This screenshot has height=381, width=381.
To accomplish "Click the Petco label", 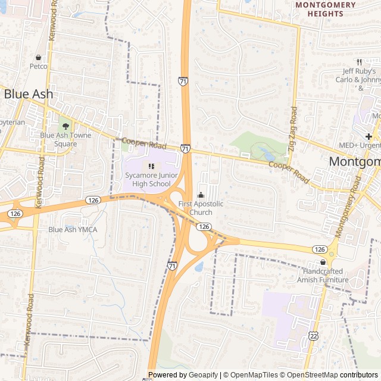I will [39, 66].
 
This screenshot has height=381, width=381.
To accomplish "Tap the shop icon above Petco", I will [39, 58].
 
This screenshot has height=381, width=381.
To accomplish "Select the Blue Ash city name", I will [29, 94].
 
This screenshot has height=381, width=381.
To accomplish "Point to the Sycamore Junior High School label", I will [147, 179].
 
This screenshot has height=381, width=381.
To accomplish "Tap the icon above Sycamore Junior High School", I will [151, 166].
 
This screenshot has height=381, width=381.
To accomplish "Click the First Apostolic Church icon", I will [201, 195].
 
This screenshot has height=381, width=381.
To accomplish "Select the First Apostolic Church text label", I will [201, 208].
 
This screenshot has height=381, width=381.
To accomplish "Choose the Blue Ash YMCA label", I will [73, 229].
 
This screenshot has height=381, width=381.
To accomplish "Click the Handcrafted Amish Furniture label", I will [323, 276].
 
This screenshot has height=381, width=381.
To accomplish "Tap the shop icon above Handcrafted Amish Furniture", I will [323, 263].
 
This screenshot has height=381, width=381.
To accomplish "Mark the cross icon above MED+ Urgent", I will [368, 136].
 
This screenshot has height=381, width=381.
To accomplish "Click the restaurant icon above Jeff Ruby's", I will [360, 62].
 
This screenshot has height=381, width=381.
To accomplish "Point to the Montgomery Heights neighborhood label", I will [326, 9].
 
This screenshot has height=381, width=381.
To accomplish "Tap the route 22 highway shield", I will [313, 336].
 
